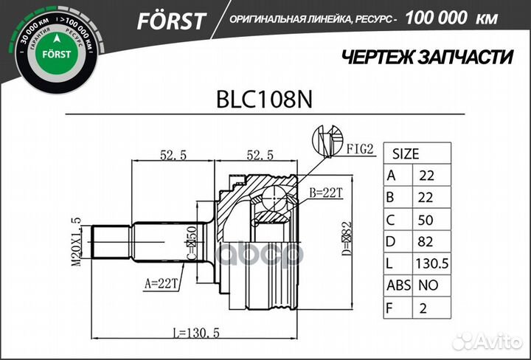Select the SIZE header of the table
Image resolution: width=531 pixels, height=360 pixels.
click(x=405, y=154)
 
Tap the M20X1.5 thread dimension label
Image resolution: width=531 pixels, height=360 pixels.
click(x=76, y=243)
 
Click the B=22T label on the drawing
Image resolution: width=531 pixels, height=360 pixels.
click(x=326, y=193)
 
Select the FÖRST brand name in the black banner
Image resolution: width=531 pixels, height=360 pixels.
click(x=170, y=21)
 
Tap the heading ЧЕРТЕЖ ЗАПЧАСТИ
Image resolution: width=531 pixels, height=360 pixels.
click(x=428, y=57)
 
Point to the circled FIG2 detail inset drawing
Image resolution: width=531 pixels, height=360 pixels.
click(x=327, y=140)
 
